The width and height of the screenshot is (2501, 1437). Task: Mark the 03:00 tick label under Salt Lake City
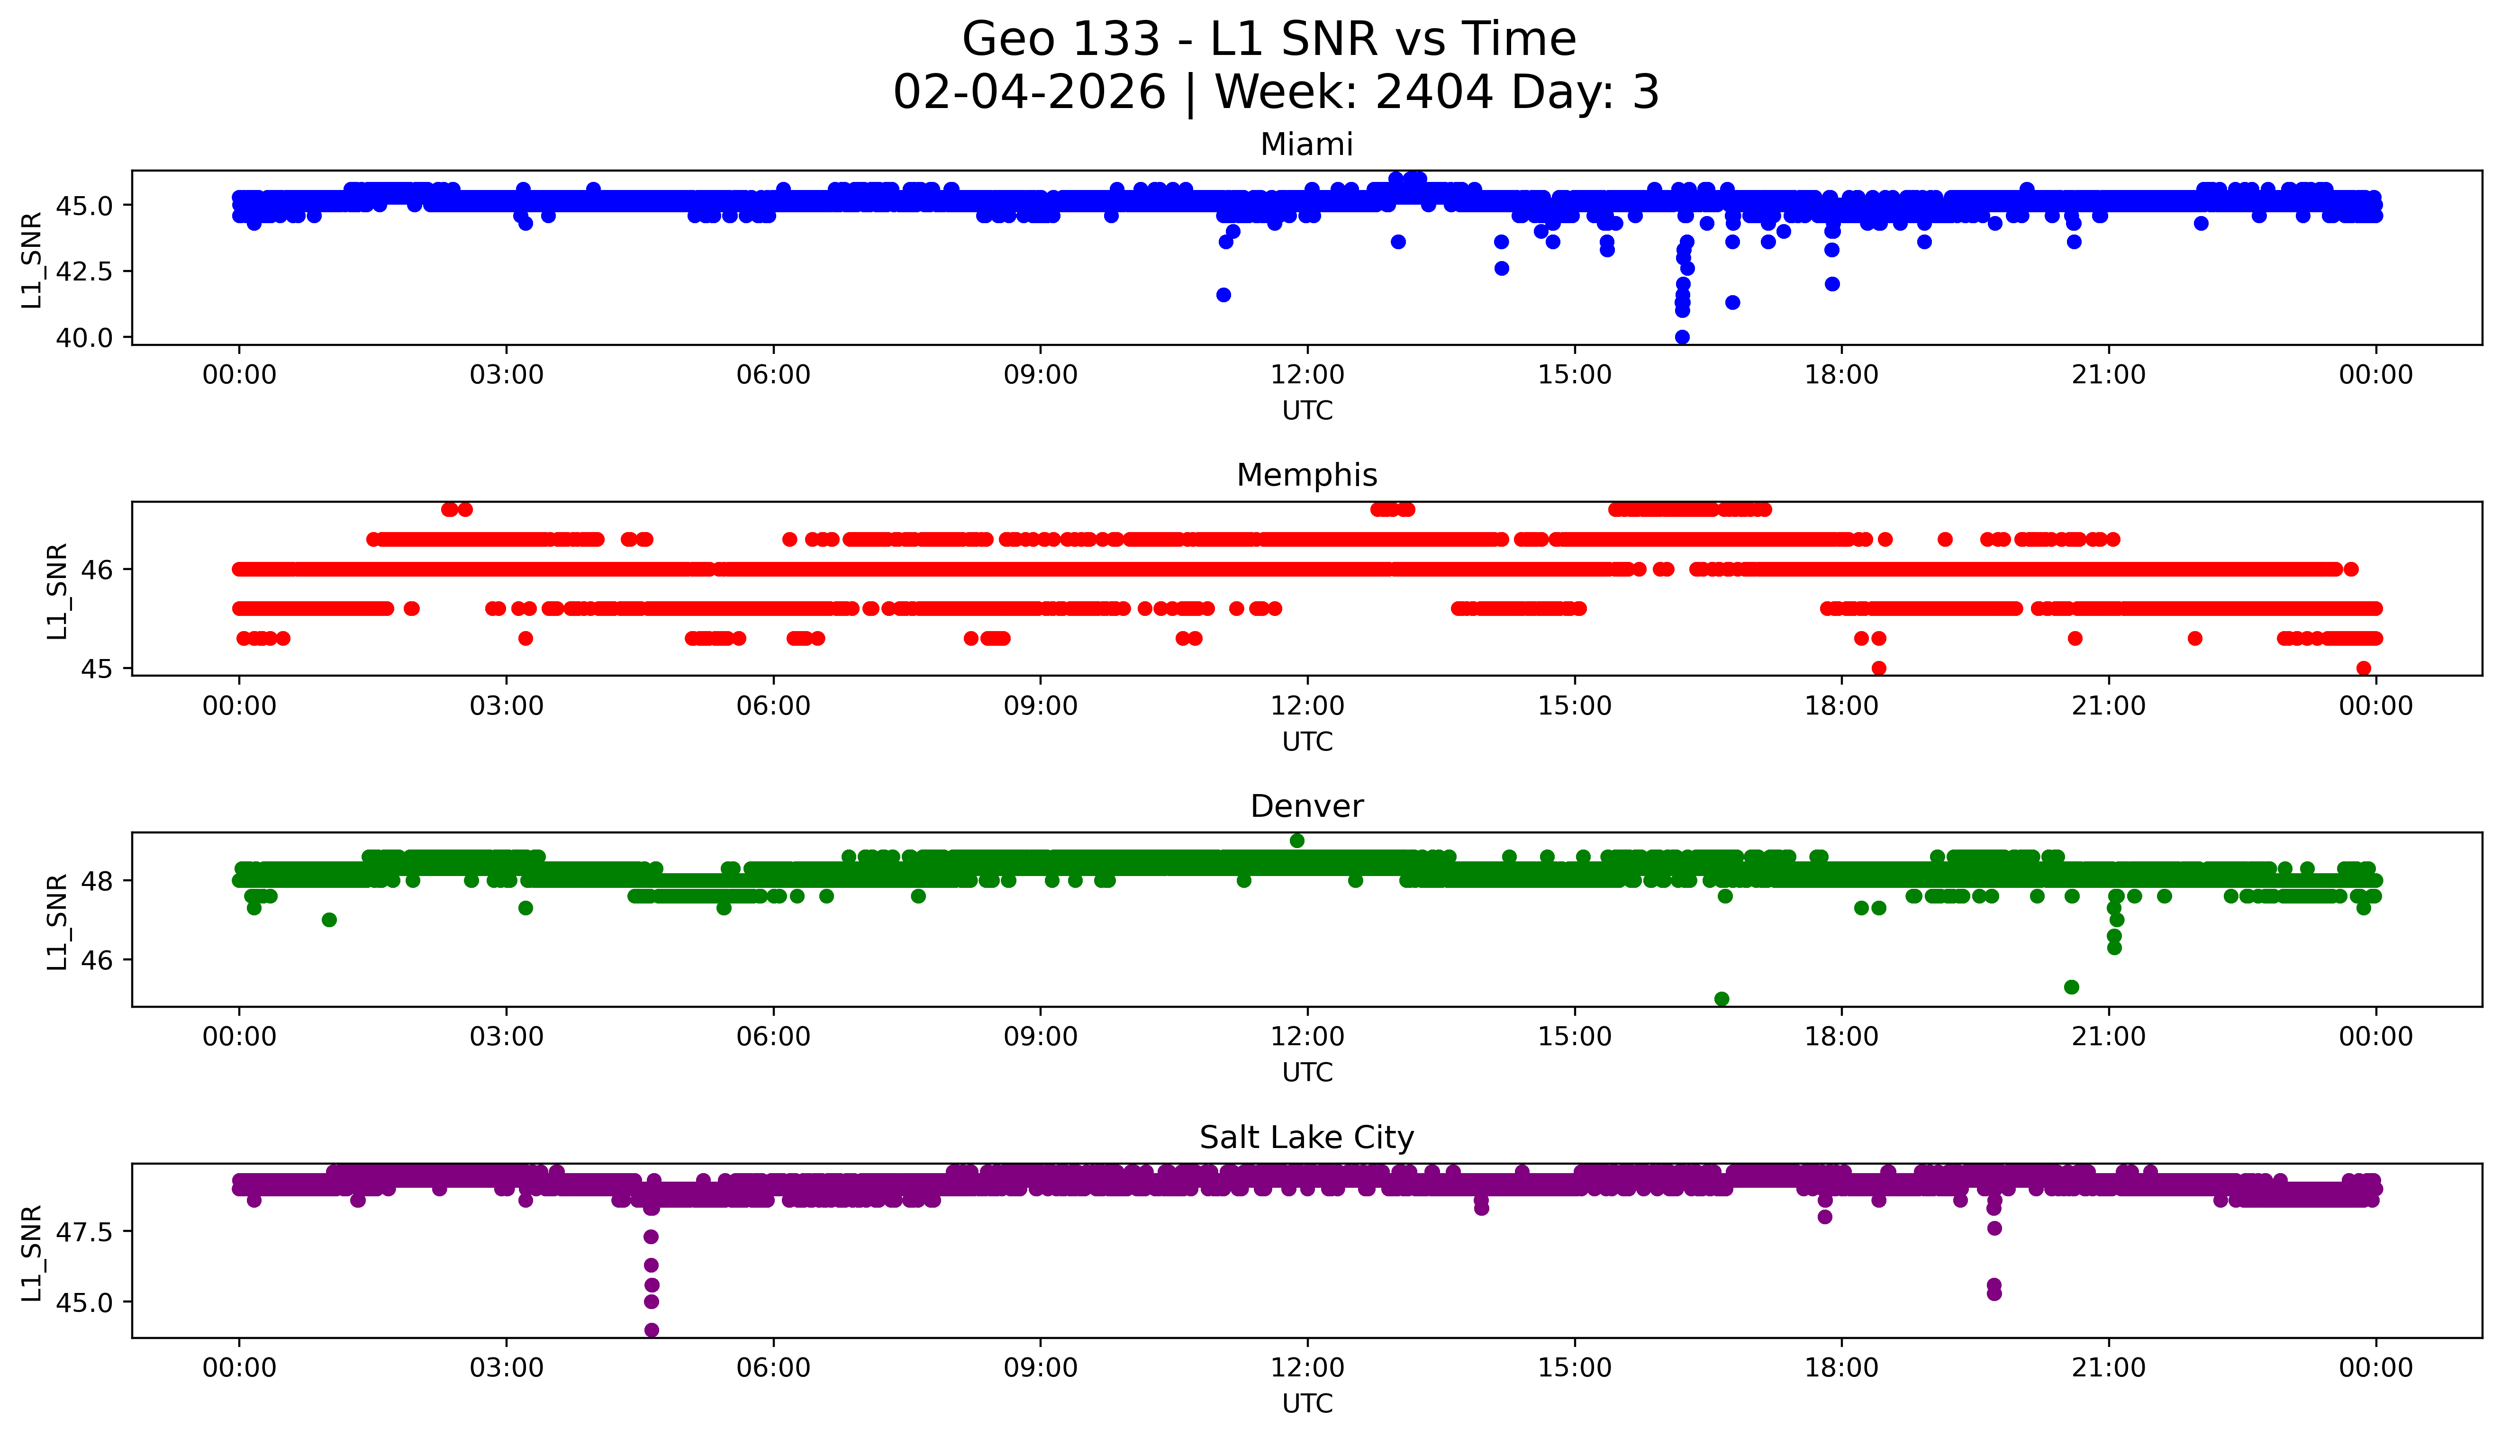coord(507,1368)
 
